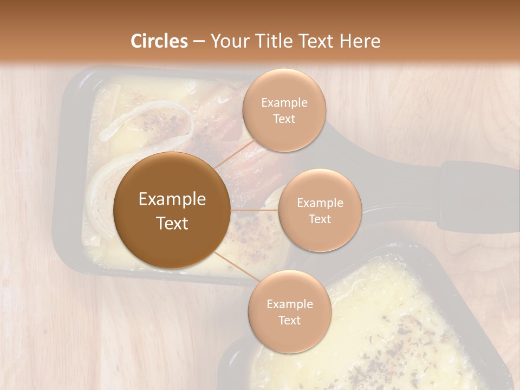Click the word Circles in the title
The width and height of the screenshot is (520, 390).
pyautogui.click(x=159, y=41)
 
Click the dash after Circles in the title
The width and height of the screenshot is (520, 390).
pyautogui.click(x=199, y=42)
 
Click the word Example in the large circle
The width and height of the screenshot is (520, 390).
pyautogui.click(x=172, y=199)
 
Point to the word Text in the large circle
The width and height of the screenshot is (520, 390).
pyautogui.click(x=172, y=223)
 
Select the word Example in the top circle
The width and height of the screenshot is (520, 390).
pyautogui.click(x=284, y=103)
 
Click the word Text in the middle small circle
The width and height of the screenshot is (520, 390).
pyautogui.click(x=320, y=219)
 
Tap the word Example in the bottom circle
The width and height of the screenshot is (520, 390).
pyautogui.click(x=289, y=304)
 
